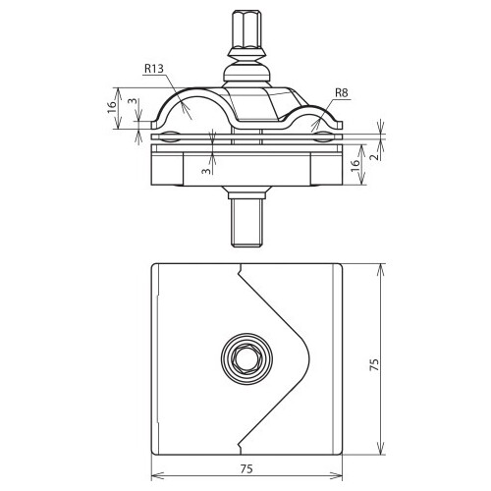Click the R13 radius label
click(153, 69)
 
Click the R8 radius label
click(342, 93)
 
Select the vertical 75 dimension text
click(374, 364)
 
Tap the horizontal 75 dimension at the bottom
click(246, 468)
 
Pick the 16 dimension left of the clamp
click(112, 107)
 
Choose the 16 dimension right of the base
click(355, 165)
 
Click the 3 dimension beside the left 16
click(133, 101)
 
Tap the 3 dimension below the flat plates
click(206, 171)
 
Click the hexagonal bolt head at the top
click(246, 29)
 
